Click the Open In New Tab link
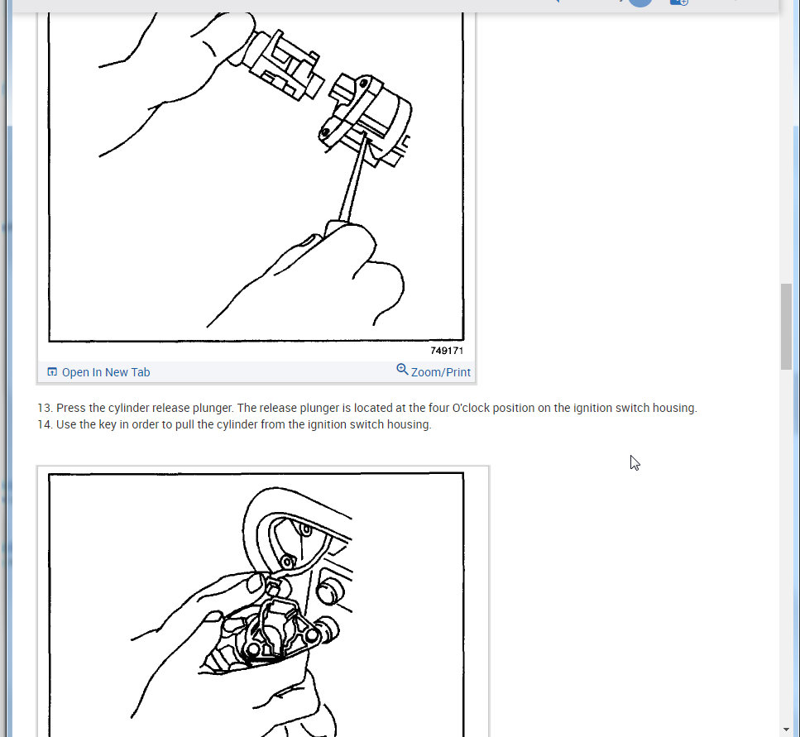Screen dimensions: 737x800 click(x=105, y=372)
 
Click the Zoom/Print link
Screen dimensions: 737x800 click(x=440, y=372)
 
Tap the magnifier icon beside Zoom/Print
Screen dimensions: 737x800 click(x=402, y=370)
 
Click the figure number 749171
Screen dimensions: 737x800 click(x=447, y=351)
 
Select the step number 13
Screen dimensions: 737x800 click(x=44, y=408)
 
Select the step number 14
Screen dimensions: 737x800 click(x=44, y=424)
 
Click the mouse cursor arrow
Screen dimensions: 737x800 click(x=634, y=462)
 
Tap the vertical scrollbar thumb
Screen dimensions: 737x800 click(x=786, y=326)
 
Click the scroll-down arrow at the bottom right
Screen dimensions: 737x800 click(x=786, y=728)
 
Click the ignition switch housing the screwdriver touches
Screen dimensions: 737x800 click(x=368, y=116)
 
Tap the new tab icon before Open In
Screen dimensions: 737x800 click(x=52, y=371)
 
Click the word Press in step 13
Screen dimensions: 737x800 click(x=70, y=408)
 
